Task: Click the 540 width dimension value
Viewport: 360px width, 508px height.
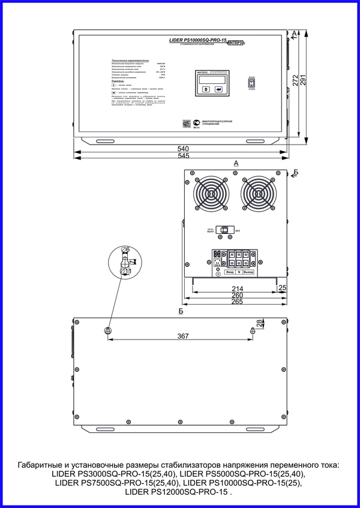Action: (183, 148)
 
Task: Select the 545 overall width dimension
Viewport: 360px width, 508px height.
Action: (183, 156)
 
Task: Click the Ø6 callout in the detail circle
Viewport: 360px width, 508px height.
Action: (125, 250)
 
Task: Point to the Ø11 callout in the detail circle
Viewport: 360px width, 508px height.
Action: (127, 272)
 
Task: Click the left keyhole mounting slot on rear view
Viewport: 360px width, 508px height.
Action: (107, 331)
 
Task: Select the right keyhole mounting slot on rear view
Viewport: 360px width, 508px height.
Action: (253, 331)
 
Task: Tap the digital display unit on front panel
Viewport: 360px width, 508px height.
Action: (210, 83)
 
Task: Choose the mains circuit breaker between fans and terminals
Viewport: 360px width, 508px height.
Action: (226, 230)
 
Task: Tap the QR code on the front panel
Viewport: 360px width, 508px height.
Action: (185, 123)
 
